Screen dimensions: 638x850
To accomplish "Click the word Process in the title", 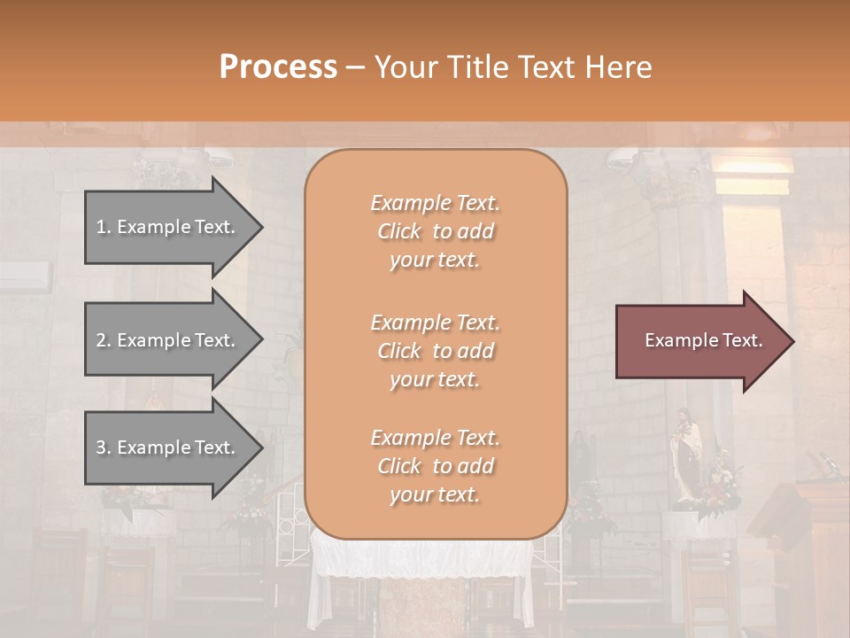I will (278, 67).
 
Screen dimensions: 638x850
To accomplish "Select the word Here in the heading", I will (617, 67).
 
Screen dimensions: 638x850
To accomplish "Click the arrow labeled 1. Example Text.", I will (168, 227).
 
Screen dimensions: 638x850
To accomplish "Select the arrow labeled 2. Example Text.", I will (168, 340).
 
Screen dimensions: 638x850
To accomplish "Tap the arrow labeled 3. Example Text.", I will (168, 447).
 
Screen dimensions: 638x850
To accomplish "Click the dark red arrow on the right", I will (699, 341).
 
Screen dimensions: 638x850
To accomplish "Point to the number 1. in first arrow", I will (104, 227).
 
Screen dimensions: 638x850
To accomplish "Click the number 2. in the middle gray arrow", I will (104, 340).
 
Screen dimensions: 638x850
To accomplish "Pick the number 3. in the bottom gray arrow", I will (104, 447).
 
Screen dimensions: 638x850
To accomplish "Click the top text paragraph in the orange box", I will (435, 231).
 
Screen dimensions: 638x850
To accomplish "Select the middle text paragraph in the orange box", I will (435, 351).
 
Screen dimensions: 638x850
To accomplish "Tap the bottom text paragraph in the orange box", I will (435, 466).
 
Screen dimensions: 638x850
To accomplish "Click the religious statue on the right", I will (687, 456).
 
